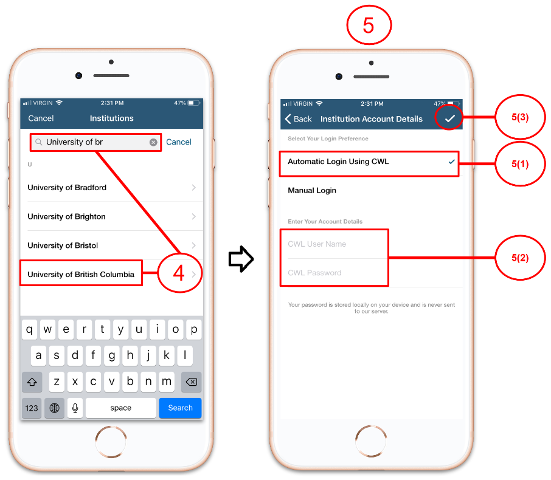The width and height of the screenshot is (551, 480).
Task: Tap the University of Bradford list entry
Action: tap(112, 188)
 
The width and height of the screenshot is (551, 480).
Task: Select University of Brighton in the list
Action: tap(112, 216)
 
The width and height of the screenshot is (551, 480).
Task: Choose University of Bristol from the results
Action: tap(112, 245)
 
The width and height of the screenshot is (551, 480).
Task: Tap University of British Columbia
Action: tap(81, 274)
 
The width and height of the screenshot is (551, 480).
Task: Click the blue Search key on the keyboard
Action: tap(180, 408)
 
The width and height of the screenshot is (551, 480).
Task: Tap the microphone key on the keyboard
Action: tap(75, 408)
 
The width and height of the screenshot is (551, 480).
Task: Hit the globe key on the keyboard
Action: tap(55, 408)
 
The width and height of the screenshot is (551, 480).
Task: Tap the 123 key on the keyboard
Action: tap(32, 408)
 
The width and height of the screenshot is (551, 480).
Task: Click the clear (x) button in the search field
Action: tap(153, 142)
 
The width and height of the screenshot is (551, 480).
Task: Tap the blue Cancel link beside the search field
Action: tap(179, 142)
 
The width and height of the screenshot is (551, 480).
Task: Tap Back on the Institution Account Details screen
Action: tap(298, 119)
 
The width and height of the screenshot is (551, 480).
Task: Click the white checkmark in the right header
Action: tap(450, 118)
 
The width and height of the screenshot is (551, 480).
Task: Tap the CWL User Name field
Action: tap(334, 244)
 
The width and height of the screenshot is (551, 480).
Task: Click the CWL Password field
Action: tap(334, 273)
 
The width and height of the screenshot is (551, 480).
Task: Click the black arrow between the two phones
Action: tap(241, 259)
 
